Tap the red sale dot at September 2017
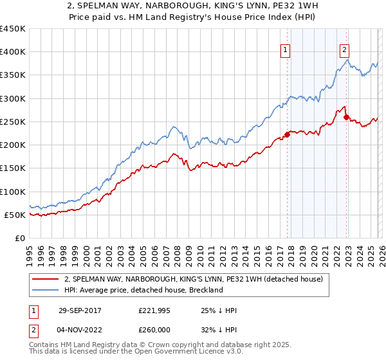[x=287, y=134]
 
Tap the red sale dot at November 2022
[x=346, y=117]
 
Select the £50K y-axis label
[x=15, y=215]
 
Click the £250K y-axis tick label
[x=13, y=122]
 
